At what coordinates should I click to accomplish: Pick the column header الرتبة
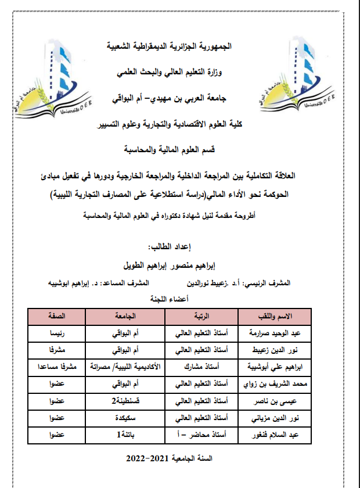pyautogui.click(x=201, y=316)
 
